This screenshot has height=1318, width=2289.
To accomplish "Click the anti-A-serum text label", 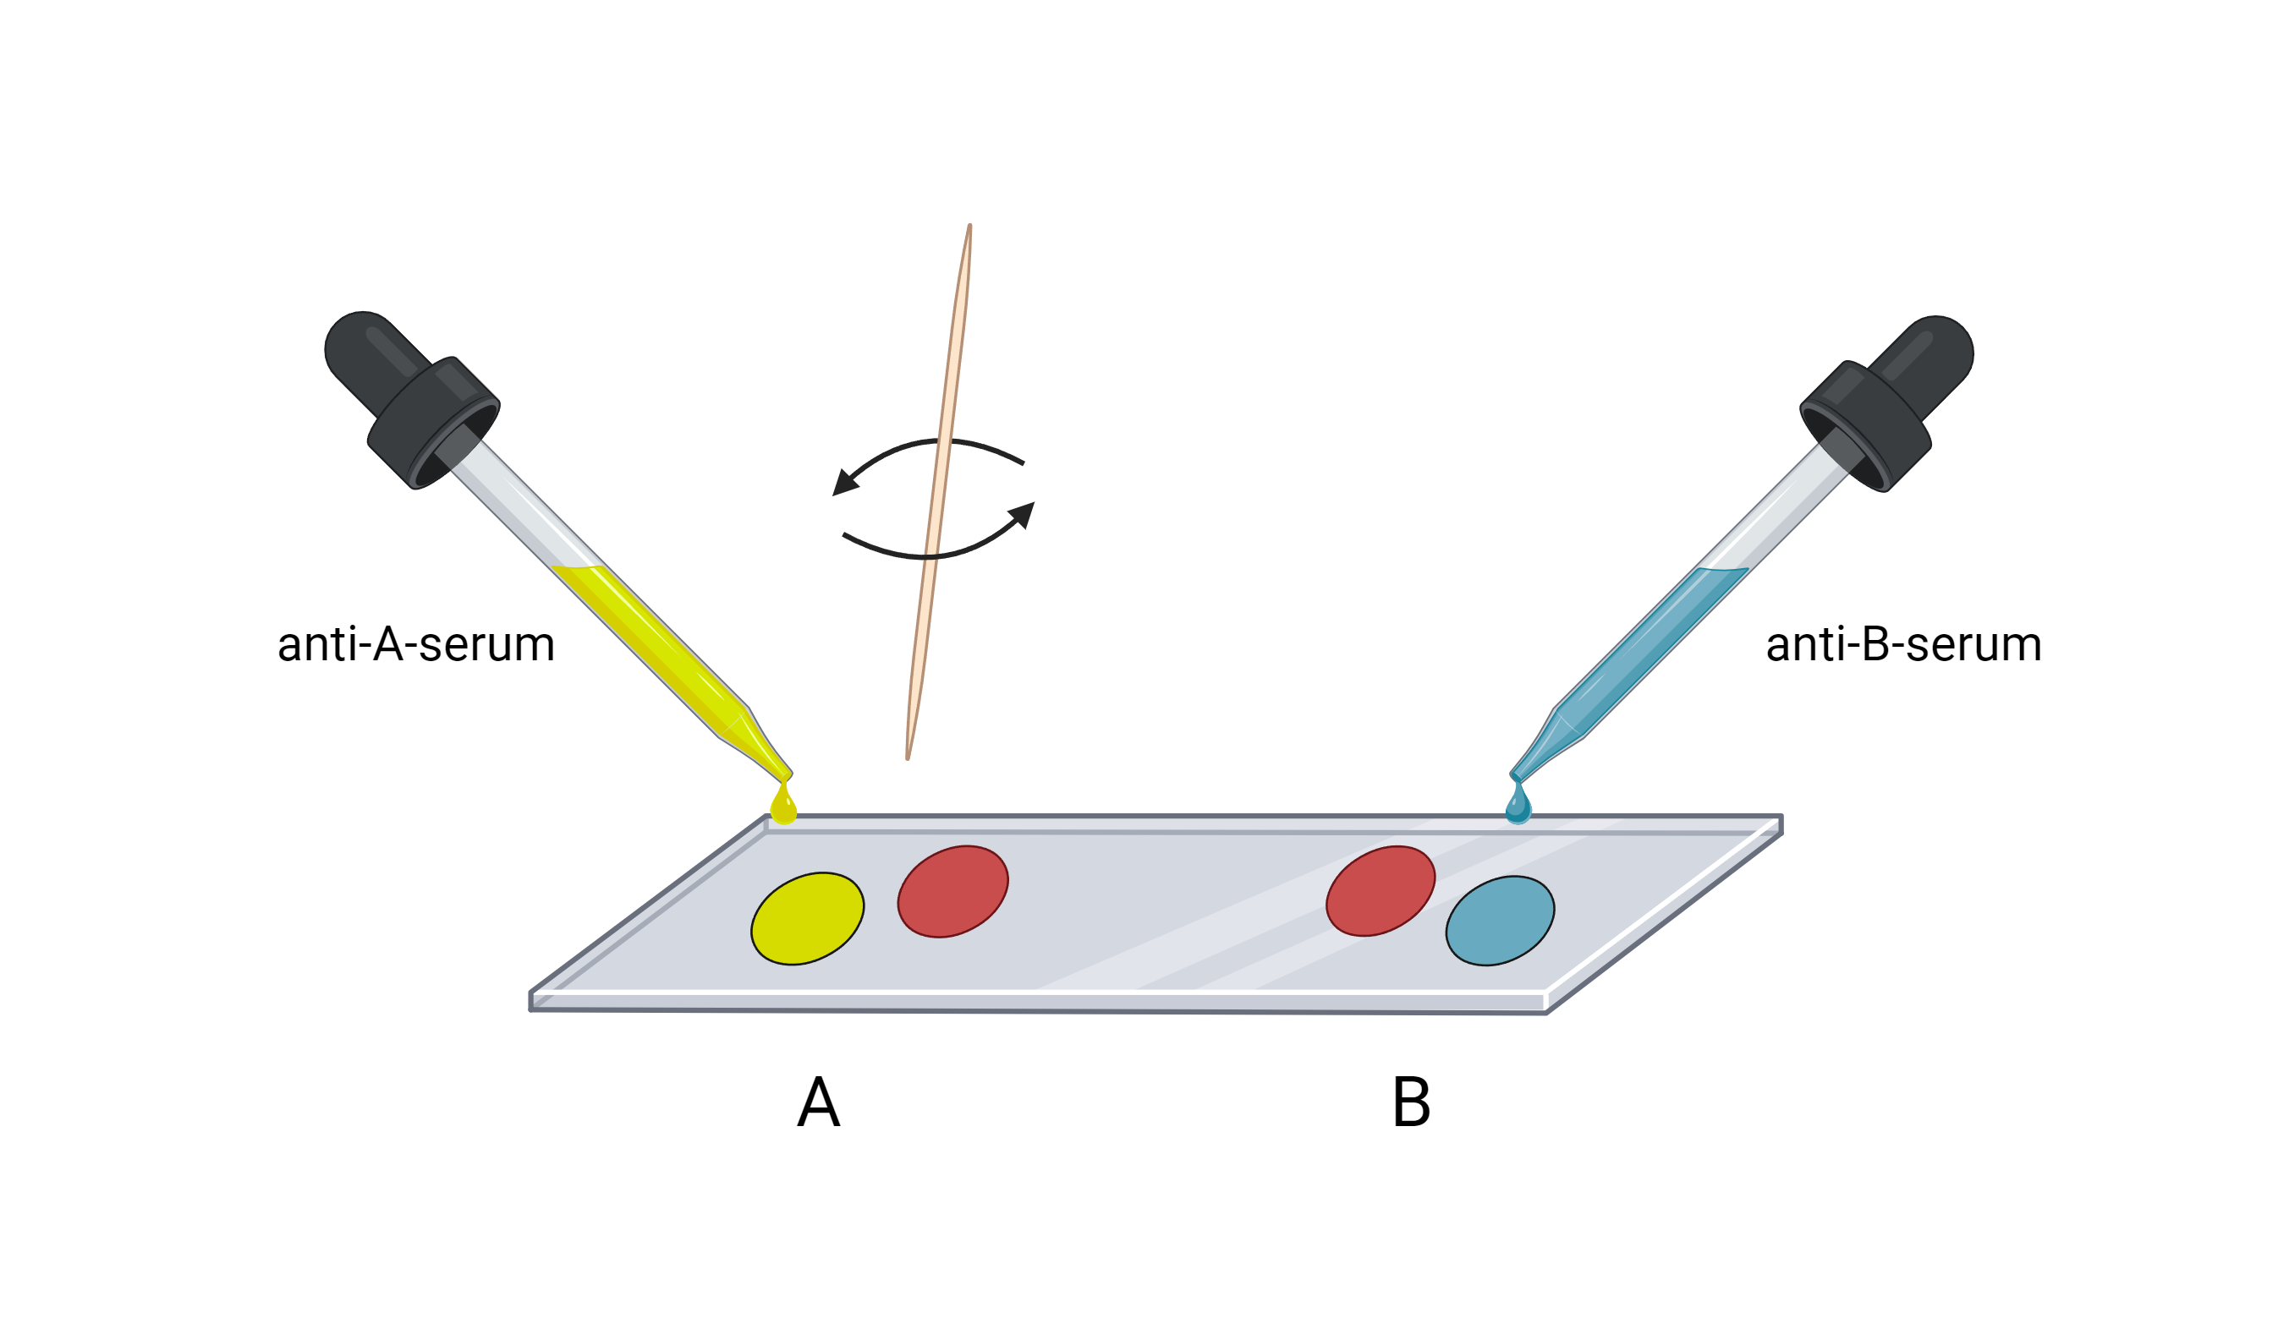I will (415, 644).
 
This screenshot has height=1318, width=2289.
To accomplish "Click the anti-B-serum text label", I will (1903, 644).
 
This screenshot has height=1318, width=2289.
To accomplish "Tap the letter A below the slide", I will (819, 1102).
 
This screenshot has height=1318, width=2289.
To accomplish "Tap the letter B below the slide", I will (1411, 1102).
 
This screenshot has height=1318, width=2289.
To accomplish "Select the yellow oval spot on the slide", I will (807, 919).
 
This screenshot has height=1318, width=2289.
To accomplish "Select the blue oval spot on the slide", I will (1500, 921).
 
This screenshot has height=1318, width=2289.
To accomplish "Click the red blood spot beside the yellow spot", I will (952, 892).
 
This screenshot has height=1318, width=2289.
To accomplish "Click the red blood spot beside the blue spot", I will (1380, 891).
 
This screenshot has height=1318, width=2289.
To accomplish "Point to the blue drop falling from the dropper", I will (1518, 807).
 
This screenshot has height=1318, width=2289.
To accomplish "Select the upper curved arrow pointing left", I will (924, 452).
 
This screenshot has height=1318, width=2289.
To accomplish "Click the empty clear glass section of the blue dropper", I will (1775, 507).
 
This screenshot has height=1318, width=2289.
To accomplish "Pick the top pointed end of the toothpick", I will (969, 228).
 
